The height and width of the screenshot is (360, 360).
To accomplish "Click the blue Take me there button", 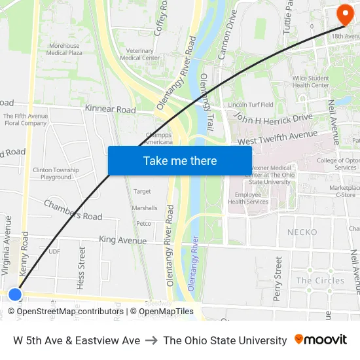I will tap(180, 160).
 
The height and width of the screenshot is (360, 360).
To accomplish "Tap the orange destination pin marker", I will tap(344, 14).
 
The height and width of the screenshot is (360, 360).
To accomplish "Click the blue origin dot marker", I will tap(14, 295).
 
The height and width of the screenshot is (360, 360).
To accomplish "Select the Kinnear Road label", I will tap(111, 109).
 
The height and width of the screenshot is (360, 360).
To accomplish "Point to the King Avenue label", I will tap(123, 240).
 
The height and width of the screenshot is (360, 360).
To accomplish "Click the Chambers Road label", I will tap(73, 210).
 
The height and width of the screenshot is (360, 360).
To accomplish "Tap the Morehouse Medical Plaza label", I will tap(65, 49).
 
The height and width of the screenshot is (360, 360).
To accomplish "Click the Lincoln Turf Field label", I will tap(251, 105).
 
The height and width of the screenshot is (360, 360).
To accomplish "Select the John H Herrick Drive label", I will tap(274, 118).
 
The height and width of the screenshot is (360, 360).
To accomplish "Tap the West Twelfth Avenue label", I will tap(277, 137).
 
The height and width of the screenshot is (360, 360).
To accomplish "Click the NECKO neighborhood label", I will tap(302, 232).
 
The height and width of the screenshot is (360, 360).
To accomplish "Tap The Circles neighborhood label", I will tap(320, 280).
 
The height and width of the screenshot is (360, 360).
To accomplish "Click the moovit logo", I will tap(321, 339).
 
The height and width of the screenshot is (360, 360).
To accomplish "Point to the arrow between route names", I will tap(151, 340).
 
